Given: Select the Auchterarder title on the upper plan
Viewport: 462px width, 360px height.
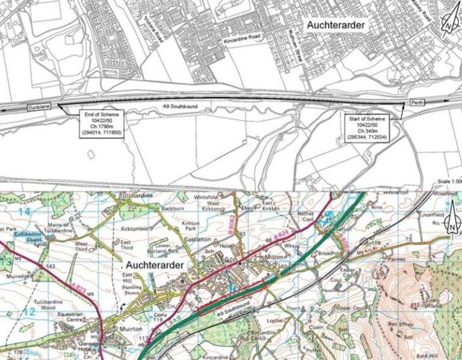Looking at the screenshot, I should [335, 25].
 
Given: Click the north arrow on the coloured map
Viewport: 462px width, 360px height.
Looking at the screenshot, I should [450, 227].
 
